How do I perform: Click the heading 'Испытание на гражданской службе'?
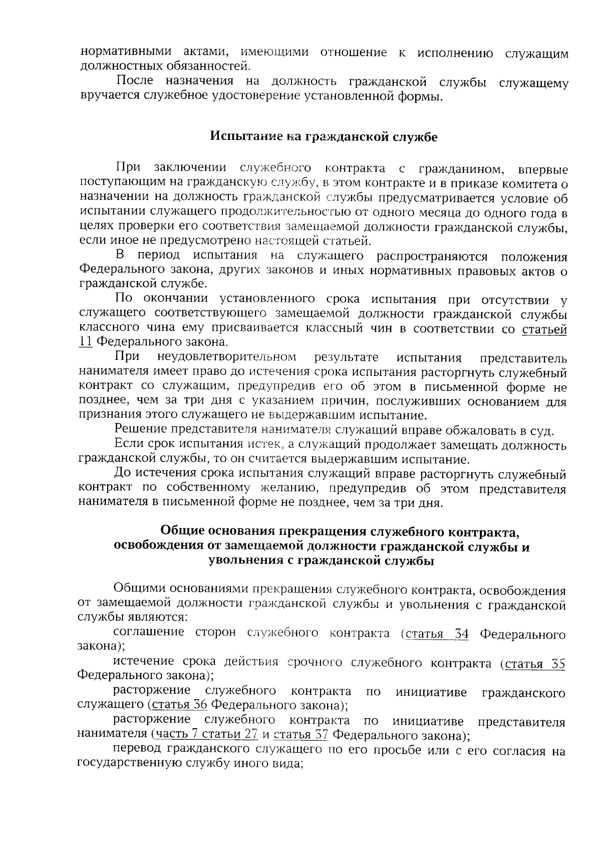(324, 137)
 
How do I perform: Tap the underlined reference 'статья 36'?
(179, 705)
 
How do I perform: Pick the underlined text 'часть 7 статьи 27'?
(206, 735)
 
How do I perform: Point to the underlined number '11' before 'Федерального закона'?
(86, 342)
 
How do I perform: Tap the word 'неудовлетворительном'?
(226, 358)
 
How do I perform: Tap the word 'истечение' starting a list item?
(143, 663)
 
